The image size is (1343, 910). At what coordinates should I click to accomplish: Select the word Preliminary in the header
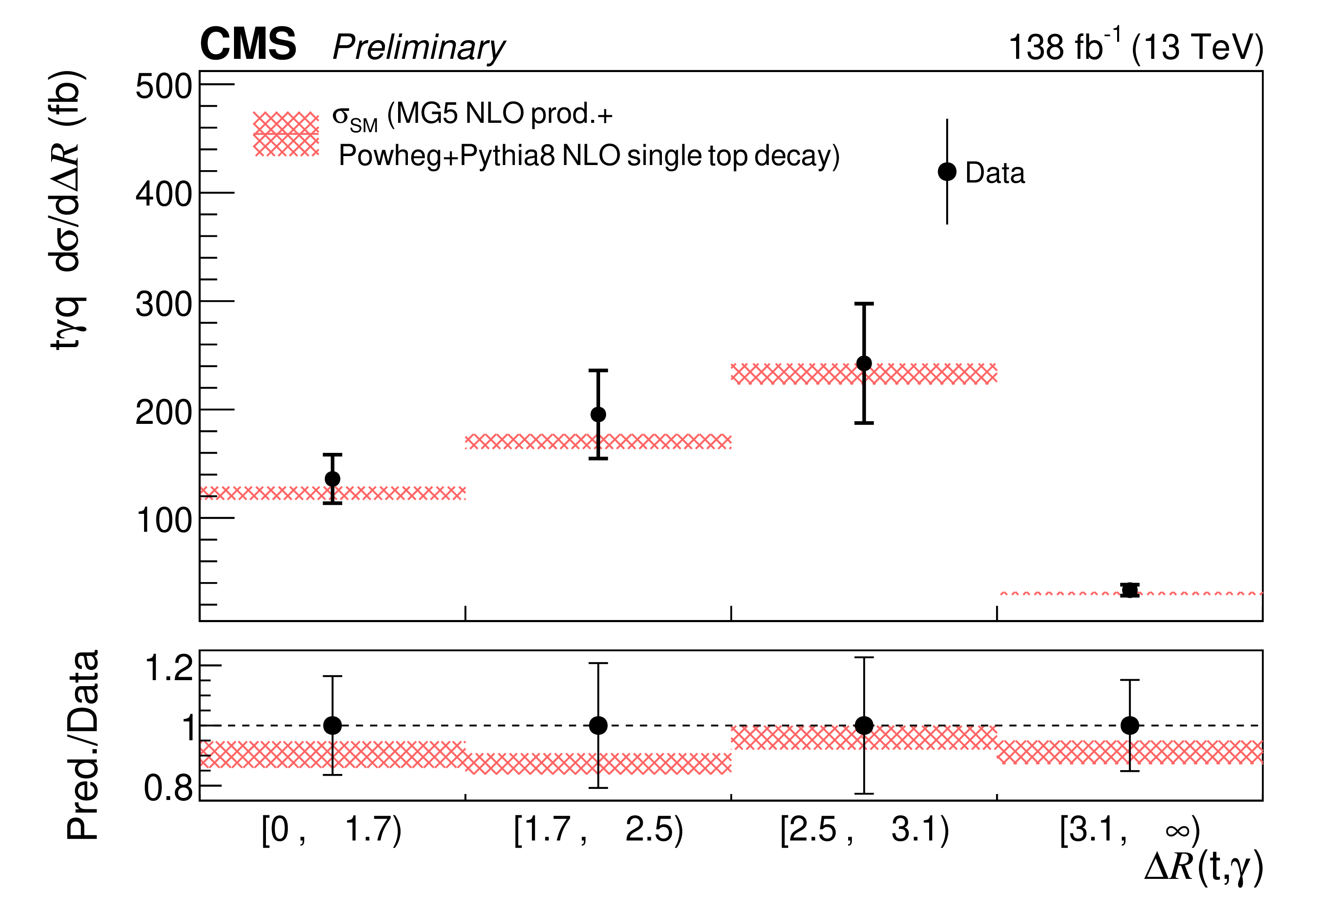419,47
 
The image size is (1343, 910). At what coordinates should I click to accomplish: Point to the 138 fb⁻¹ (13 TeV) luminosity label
1135,46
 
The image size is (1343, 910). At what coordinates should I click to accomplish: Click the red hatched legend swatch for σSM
286,134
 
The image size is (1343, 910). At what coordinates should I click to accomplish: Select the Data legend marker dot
947,172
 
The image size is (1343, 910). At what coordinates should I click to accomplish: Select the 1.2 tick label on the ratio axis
169,668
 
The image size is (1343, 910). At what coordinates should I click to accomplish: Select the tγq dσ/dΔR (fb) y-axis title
68,211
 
